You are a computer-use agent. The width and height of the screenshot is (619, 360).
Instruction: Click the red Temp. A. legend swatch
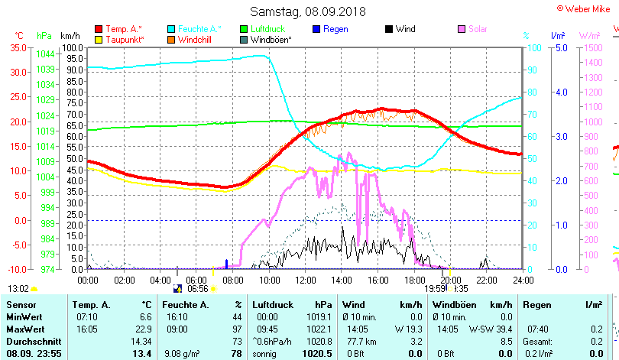(x=98, y=29)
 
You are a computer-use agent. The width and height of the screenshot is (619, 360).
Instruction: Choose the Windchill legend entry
(x=196, y=39)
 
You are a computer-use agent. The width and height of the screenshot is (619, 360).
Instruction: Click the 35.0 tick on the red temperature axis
(x=17, y=47)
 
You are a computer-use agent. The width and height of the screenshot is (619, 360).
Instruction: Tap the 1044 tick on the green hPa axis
(x=45, y=54)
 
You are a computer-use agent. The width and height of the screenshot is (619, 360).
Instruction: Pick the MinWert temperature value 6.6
(x=144, y=316)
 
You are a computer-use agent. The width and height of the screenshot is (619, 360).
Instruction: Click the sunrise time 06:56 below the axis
(x=198, y=289)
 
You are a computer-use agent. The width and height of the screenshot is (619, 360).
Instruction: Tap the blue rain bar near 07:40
(x=226, y=264)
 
